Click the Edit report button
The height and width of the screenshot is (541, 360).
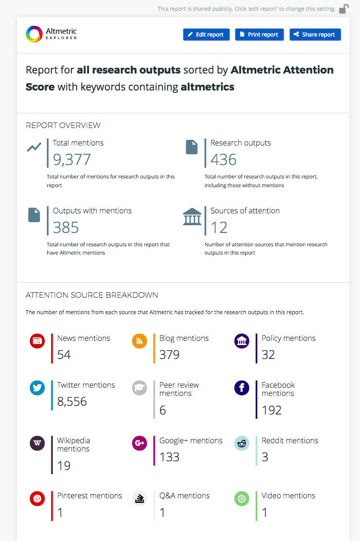tap(206, 34)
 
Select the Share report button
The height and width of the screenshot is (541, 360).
tap(315, 34)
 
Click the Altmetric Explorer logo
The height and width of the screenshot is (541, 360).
tap(51, 34)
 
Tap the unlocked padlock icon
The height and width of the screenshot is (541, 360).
tap(344, 9)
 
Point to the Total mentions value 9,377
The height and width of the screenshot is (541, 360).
tap(72, 159)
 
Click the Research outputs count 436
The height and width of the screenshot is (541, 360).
tap(223, 159)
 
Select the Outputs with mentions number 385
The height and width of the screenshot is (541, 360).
tap(66, 227)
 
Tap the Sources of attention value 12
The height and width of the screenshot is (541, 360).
tap(219, 227)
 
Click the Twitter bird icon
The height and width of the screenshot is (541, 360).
tap(37, 388)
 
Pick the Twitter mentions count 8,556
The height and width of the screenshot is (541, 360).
tap(72, 402)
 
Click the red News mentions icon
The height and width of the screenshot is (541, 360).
tap(37, 341)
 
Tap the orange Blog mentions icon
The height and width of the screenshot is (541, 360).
tap(139, 341)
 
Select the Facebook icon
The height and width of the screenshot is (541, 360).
tap(242, 388)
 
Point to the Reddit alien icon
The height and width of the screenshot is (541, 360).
tap(242, 443)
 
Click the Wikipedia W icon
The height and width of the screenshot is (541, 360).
tap(37, 443)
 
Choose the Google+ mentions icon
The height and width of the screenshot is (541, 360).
tap(139, 443)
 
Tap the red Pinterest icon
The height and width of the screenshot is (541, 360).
tap(37, 498)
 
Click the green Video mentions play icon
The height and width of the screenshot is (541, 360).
tap(242, 498)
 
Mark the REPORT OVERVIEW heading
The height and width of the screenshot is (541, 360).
tap(63, 125)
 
